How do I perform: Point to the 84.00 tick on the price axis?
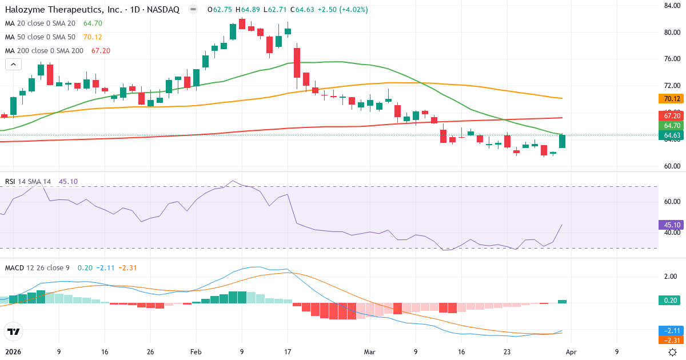coord(671,6)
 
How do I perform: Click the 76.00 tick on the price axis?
coord(671,59)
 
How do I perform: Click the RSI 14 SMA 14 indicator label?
coord(28,182)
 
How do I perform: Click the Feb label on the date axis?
coord(196,352)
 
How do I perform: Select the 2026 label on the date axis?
coord(13,352)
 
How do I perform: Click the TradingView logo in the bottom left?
coord(14,331)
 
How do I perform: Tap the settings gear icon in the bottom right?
coord(673,352)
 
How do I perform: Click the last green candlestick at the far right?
coord(562,141)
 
